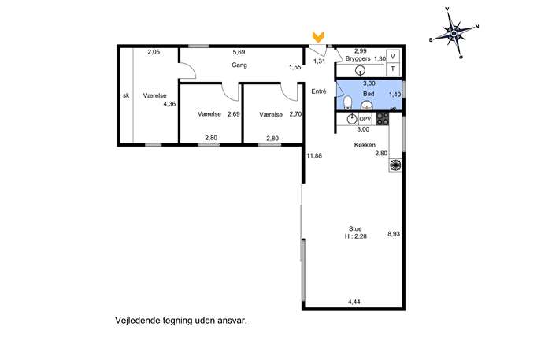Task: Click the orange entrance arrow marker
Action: pyautogui.click(x=318, y=37)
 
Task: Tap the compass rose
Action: pyautogui.click(x=454, y=33)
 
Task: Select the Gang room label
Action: pyautogui.click(x=239, y=65)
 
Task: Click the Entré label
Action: pyautogui.click(x=318, y=91)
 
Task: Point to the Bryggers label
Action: pyautogui.click(x=358, y=58)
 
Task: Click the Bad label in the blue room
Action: pyautogui.click(x=369, y=94)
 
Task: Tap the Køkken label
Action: pyautogui.click(x=365, y=145)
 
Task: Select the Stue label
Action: pyautogui.click(x=355, y=228)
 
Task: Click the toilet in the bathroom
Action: pyautogui.click(x=347, y=102)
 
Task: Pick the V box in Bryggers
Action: pyautogui.click(x=393, y=56)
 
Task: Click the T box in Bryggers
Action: pyautogui.click(x=393, y=69)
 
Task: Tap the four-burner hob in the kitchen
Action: pyautogui.click(x=382, y=119)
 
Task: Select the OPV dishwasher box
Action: pyautogui.click(x=365, y=119)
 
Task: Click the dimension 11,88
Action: pyautogui.click(x=314, y=156)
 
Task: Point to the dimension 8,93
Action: pyautogui.click(x=394, y=234)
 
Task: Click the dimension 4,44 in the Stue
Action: pyautogui.click(x=354, y=302)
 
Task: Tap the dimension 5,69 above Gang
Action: pyautogui.click(x=239, y=52)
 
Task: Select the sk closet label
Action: pyautogui.click(x=126, y=95)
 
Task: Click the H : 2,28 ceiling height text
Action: pyautogui.click(x=355, y=236)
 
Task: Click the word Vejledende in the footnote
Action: pyautogui.click(x=133, y=321)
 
